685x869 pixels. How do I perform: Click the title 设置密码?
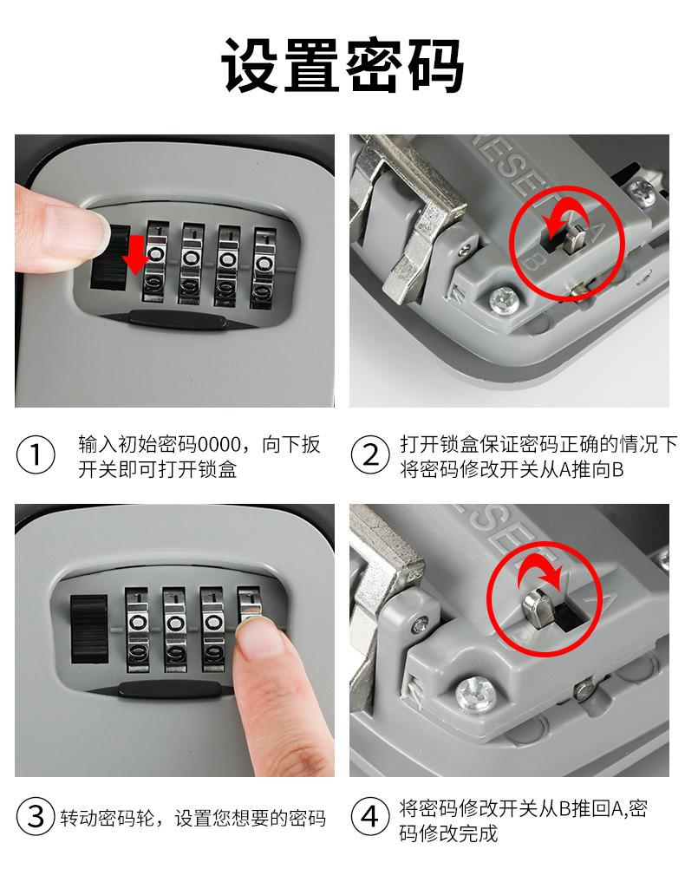[x=342, y=65]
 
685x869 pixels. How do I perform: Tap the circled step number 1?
[x=36, y=455]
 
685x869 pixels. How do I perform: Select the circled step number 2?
[x=370, y=455]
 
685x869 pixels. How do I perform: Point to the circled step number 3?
[x=36, y=817]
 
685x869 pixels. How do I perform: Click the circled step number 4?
[x=370, y=817]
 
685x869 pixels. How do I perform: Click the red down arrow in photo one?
[x=135, y=254]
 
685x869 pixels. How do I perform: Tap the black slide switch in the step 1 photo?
[x=110, y=258]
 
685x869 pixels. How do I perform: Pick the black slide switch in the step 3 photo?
[x=88, y=630]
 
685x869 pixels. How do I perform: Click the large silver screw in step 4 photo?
[x=476, y=694]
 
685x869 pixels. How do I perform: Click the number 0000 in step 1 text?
[x=219, y=445]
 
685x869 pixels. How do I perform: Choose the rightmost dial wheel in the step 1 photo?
[x=264, y=268]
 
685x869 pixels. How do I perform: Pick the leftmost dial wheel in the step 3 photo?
[x=137, y=630]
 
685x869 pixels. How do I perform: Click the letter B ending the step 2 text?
[x=616, y=470]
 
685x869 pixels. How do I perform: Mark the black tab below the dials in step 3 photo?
[x=169, y=689]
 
